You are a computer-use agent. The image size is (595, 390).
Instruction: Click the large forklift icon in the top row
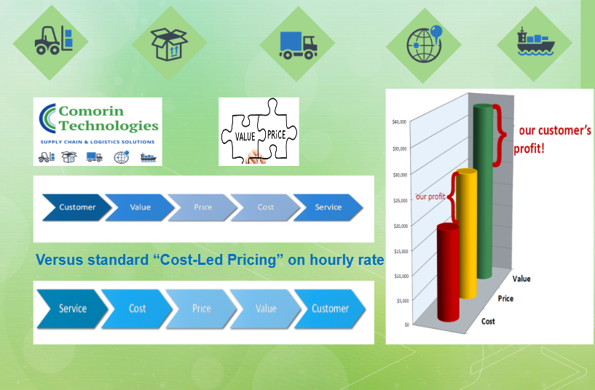(53, 40)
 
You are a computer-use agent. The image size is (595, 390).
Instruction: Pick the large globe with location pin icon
(425, 44)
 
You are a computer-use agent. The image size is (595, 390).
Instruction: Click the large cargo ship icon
(535, 41)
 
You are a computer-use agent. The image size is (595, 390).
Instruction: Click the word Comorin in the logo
(91, 111)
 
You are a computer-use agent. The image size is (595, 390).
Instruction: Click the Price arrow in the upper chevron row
(202, 207)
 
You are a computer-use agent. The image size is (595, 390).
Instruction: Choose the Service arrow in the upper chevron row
(328, 207)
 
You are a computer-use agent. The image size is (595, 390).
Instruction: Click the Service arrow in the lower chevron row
(73, 309)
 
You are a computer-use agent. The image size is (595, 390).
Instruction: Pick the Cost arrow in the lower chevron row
(137, 309)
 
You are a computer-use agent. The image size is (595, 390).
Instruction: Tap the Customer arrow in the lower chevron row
(330, 309)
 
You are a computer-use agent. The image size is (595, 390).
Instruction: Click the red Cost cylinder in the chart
(448, 273)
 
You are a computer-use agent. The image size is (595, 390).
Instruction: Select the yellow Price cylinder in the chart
(466, 234)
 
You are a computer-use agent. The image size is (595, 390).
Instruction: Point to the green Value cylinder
(484, 191)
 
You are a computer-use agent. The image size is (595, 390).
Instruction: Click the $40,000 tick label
(399, 122)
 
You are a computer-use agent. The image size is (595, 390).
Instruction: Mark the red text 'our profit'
(430, 196)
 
